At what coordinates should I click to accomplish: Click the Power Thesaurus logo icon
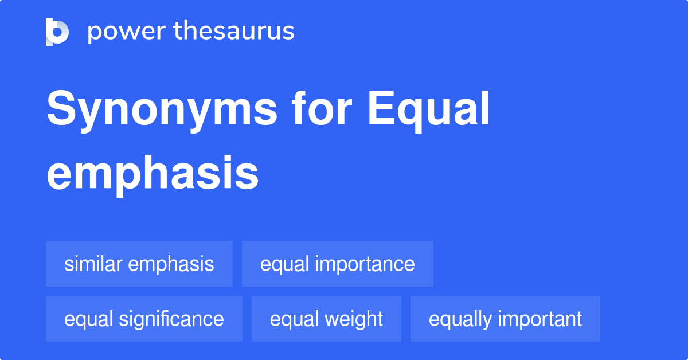pos(57,32)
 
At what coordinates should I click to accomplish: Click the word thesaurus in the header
pos(234,32)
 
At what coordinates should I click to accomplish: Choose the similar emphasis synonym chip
pos(139,264)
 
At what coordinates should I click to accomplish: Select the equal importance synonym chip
pos(337,264)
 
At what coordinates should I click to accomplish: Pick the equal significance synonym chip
pos(144,319)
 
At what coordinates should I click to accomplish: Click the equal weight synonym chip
pos(326,319)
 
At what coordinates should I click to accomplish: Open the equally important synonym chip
pos(505,319)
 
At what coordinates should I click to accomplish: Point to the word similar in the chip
pos(93,264)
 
